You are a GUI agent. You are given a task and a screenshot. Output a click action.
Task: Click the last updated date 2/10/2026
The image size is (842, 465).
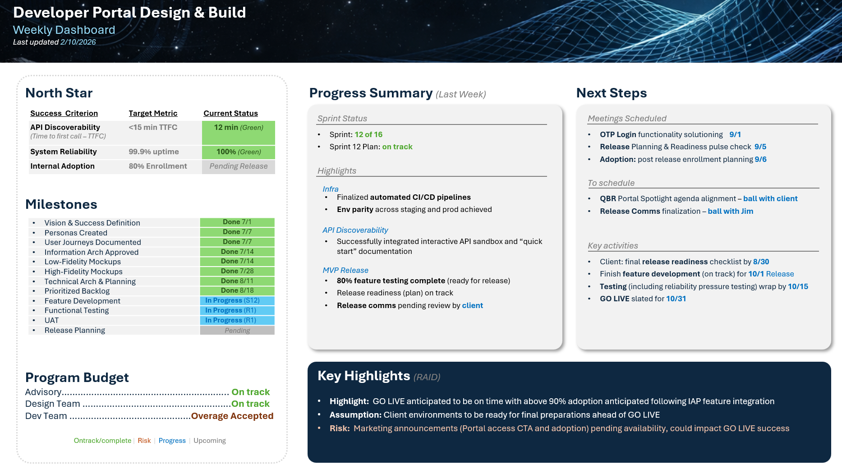tap(78, 42)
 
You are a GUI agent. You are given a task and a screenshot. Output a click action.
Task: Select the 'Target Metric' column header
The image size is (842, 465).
tap(153, 113)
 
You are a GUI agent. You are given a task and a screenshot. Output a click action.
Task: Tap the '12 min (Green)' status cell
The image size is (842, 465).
tap(238, 128)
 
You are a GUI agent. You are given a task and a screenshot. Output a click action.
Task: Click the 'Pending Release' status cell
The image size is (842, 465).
tap(238, 166)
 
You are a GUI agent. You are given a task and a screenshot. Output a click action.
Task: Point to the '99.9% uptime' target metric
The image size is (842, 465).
tap(154, 152)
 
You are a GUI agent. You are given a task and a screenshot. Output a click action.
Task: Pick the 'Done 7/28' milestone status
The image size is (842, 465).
tap(237, 271)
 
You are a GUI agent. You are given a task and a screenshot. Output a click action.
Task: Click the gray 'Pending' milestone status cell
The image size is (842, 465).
tap(237, 331)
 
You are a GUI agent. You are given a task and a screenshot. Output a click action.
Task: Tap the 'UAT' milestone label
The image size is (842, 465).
tap(51, 320)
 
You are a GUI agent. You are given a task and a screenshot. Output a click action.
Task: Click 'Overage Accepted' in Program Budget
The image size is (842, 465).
tap(232, 416)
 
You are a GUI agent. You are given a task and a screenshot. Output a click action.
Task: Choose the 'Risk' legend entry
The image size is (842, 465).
tap(144, 441)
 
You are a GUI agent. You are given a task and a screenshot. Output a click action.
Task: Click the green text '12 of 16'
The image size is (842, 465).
tap(368, 134)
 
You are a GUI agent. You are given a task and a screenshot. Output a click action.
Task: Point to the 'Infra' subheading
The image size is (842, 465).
tap(330, 189)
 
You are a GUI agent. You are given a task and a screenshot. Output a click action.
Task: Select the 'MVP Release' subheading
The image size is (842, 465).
tap(345, 270)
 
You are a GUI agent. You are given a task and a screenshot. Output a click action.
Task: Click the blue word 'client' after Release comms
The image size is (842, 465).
tap(472, 305)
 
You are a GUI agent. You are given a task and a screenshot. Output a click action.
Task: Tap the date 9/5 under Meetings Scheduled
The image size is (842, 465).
tap(760, 147)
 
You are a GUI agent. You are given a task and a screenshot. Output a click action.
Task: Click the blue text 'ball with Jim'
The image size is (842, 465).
tap(730, 211)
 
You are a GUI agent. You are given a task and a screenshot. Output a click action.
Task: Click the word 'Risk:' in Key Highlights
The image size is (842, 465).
tap(340, 428)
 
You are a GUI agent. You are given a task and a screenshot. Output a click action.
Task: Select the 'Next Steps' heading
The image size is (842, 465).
tap(611, 93)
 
